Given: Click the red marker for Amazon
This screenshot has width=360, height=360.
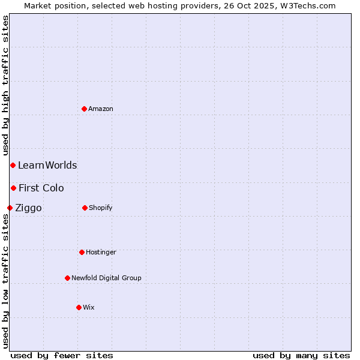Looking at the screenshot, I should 84,109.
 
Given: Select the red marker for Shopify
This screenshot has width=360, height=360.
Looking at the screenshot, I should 85,208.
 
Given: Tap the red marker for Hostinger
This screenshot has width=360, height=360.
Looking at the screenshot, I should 82,252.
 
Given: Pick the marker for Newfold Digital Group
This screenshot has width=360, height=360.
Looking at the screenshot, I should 67,278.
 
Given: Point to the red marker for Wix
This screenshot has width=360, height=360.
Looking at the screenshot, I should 79,307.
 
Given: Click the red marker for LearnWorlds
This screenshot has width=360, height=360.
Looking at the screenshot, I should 13,165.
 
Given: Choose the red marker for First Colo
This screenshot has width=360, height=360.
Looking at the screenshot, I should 13,188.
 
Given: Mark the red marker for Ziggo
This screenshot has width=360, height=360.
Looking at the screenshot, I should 10,208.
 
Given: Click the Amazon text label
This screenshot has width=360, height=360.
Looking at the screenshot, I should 101,109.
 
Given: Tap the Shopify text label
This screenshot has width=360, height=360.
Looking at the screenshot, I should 101,208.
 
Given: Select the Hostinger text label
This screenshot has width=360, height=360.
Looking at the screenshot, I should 101,253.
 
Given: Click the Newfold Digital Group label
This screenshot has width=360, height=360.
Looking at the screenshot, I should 106,278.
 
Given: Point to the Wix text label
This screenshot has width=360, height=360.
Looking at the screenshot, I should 89,308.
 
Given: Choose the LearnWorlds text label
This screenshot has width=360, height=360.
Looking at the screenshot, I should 47,166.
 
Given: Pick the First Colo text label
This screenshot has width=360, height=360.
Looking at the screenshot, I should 41,188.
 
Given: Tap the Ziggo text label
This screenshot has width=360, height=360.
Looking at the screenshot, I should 28,208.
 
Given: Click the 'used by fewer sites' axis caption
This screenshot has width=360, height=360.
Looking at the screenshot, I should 62,355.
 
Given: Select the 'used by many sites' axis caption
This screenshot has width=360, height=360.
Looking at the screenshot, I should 301,355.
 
